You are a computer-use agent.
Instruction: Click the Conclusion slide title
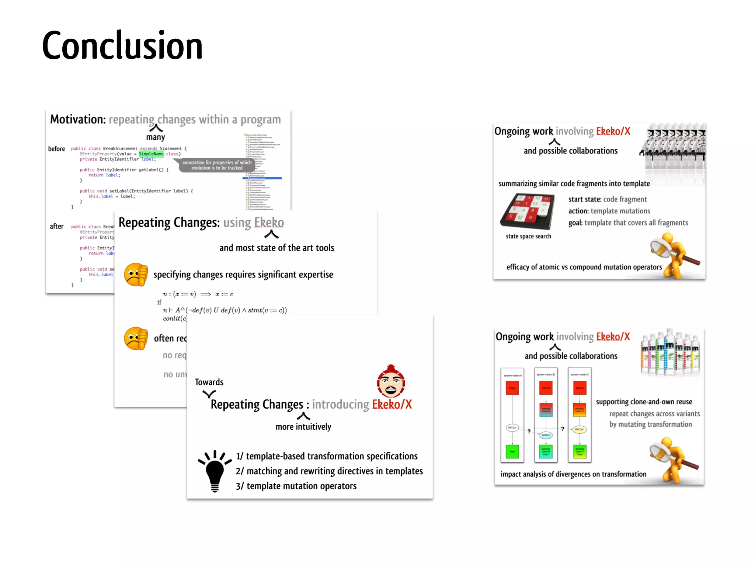click(122, 46)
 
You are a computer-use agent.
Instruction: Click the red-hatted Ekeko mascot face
click(391, 382)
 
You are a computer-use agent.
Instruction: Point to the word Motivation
click(78, 119)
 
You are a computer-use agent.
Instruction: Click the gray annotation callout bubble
click(217, 165)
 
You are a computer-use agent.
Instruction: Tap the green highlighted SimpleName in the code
click(151, 154)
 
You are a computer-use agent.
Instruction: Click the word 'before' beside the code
click(56, 149)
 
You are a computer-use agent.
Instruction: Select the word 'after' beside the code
click(56, 226)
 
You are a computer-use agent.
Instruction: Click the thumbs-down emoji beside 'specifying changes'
click(136, 275)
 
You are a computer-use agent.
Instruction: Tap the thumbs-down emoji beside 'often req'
click(136, 338)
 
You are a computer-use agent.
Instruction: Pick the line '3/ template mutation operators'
click(296, 486)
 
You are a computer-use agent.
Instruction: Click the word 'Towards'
click(209, 382)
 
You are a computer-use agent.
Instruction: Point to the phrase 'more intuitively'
click(303, 427)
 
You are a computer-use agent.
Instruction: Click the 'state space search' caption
click(528, 236)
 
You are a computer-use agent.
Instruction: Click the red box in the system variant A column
click(512, 388)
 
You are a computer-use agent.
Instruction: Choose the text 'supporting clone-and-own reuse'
click(644, 402)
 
